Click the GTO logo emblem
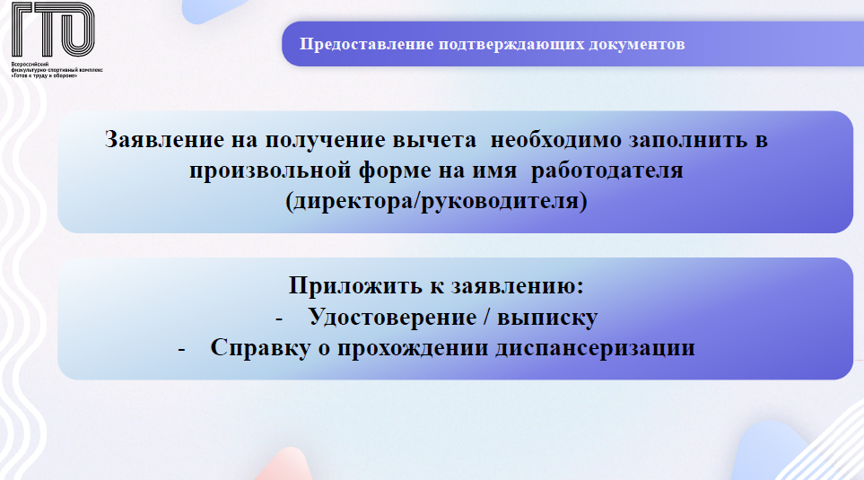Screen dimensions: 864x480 click(x=53, y=30)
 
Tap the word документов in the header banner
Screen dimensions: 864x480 click(x=636, y=45)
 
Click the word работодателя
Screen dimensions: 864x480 click(x=607, y=170)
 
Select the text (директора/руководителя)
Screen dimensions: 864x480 click(x=436, y=201)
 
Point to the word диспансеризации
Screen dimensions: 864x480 click(x=595, y=348)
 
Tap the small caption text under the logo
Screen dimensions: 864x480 click(x=57, y=69)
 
